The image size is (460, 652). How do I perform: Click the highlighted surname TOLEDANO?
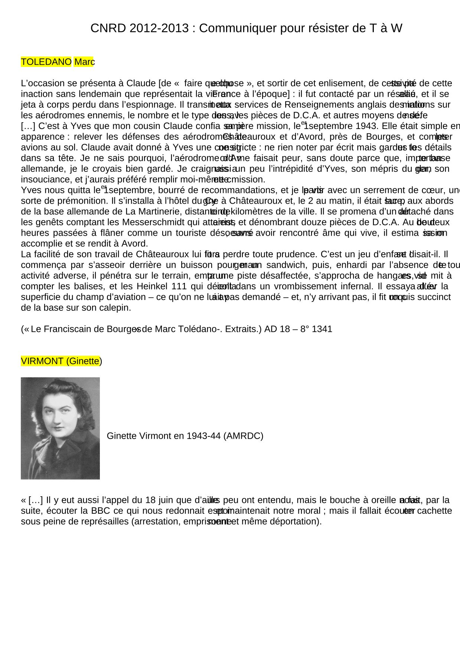click(46, 62)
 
